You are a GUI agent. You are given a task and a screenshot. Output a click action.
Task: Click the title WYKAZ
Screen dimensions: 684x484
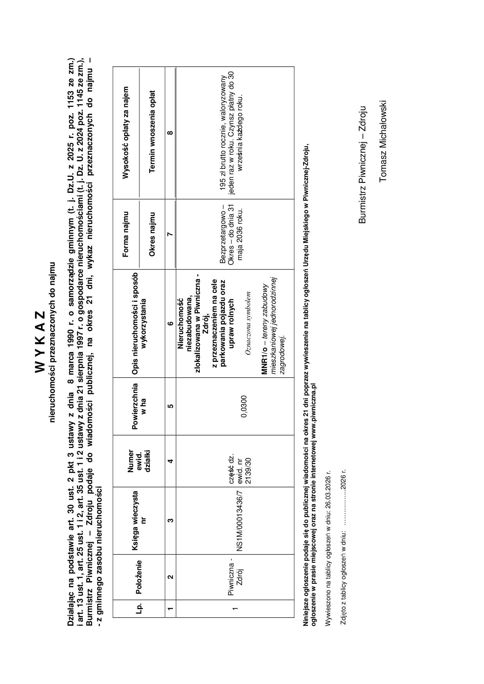coord(41,341)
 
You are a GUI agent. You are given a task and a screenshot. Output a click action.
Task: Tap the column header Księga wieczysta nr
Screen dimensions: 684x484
coord(139,520)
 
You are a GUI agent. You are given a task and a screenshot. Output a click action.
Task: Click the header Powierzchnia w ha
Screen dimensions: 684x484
coord(139,407)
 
